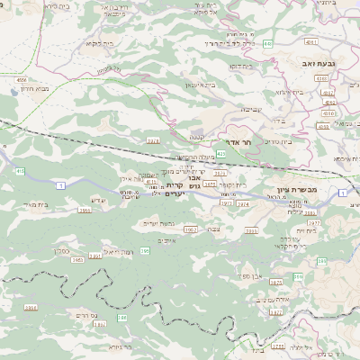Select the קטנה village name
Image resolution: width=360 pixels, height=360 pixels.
(195, 136)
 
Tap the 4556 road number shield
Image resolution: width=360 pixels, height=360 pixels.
(22, 79)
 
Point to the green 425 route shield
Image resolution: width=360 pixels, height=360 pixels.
(220, 154)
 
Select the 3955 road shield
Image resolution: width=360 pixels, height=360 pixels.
(84, 210)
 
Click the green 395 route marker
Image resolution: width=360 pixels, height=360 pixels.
(144, 251)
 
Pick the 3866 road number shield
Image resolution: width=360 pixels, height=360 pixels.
(31, 307)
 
